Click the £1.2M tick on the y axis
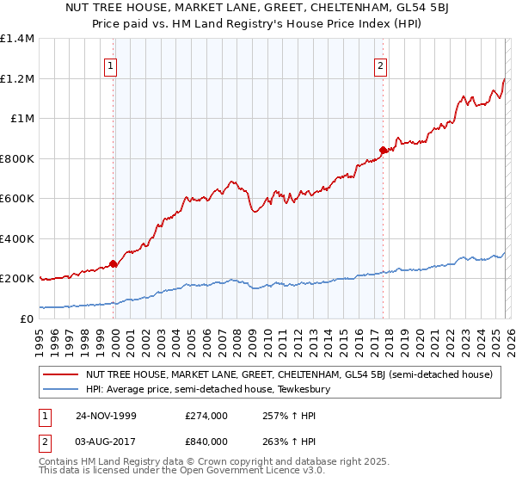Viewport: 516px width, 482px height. point(17,78)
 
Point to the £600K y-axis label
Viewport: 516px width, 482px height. point(17,198)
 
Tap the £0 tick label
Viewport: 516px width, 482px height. point(26,318)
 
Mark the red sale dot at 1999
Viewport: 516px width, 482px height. point(114,264)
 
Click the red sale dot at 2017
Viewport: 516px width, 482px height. point(382,151)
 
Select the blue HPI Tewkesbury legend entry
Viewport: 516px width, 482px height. point(213,389)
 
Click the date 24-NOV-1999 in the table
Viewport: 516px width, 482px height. point(107,415)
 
